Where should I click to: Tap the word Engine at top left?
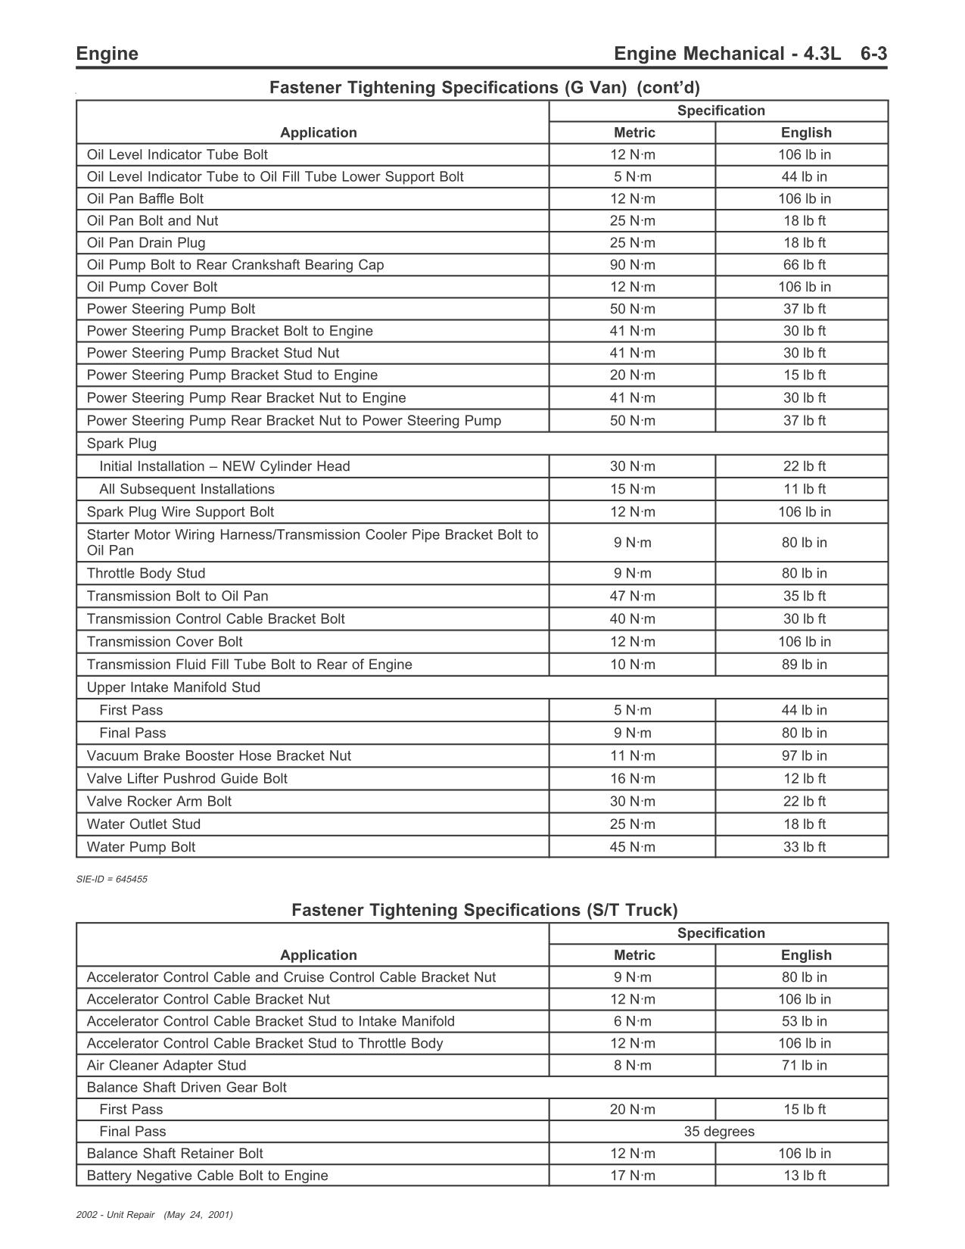[107, 54]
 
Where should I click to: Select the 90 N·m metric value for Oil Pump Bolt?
[633, 265]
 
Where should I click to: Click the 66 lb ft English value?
[804, 265]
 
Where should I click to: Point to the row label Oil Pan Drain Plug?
[146, 243]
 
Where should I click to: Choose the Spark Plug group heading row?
[122, 444]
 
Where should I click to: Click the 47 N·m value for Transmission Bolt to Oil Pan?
[633, 596]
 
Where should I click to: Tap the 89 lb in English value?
[804, 665]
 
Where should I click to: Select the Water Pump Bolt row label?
[141, 847]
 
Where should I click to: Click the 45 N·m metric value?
[633, 847]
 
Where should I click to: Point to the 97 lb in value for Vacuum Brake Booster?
[804, 756]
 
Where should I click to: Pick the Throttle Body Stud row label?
[146, 574]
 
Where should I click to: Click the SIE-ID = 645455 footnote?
[112, 880]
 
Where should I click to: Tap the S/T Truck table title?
[484, 910]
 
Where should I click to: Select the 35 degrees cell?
[718, 1132]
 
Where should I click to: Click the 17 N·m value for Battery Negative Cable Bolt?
[633, 1176]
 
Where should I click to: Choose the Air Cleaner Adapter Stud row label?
[167, 1066]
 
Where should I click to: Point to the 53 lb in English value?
[804, 1022]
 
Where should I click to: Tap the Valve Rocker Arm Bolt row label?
[159, 802]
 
